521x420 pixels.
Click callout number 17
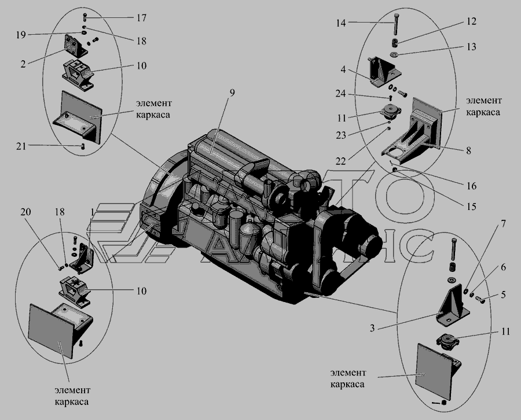pyautogui.click(x=141, y=18)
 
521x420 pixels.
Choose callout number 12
pyautogui.click(x=471, y=22)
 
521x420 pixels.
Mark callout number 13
pyautogui.click(x=472, y=46)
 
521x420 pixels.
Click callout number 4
pyautogui.click(x=343, y=70)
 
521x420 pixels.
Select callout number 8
pyautogui.click(x=467, y=152)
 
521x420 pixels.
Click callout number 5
pyautogui.click(x=503, y=294)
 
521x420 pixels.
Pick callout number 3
pyautogui.click(x=374, y=328)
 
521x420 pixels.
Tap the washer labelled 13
pyautogui.click(x=395, y=56)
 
